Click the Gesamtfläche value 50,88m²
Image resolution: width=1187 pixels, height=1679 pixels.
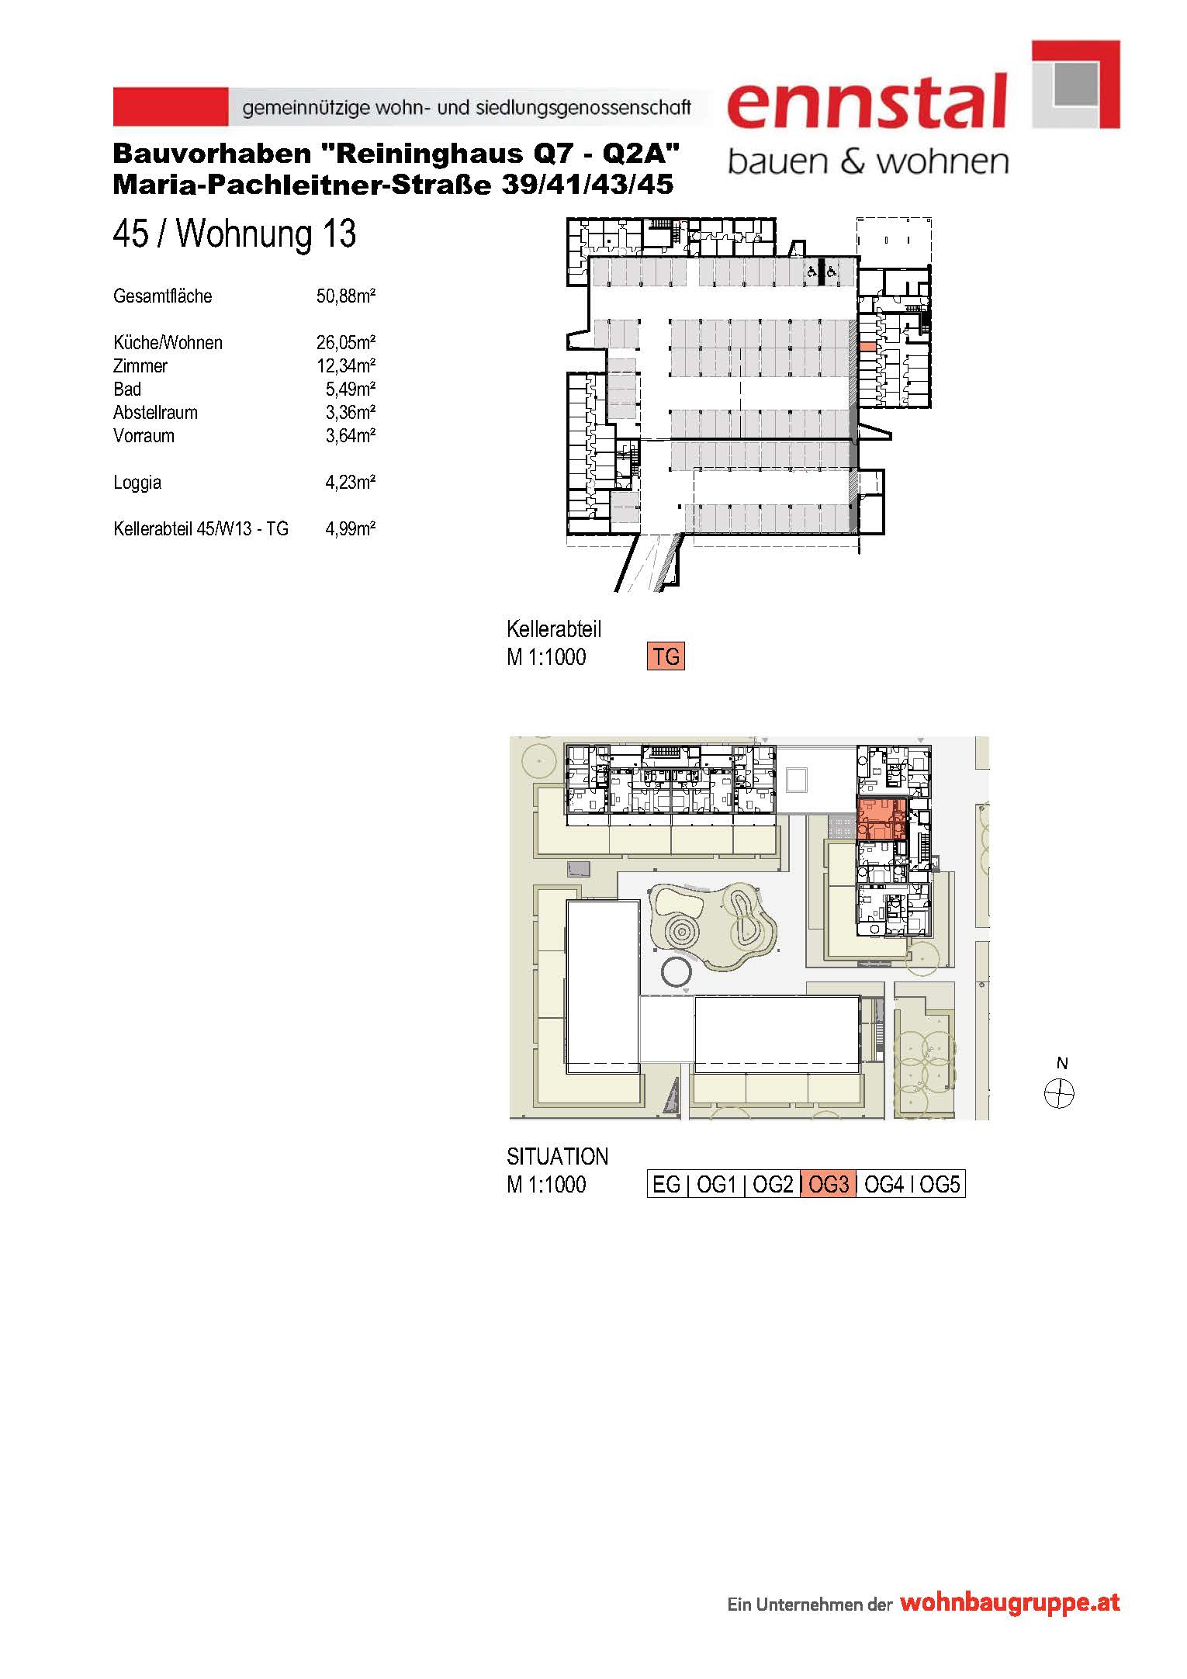(x=346, y=296)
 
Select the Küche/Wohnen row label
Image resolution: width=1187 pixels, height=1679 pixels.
(x=168, y=342)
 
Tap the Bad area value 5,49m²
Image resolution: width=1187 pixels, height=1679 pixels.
(x=351, y=389)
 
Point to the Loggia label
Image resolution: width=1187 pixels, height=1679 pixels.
(x=137, y=483)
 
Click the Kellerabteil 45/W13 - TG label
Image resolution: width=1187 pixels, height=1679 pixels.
(x=201, y=528)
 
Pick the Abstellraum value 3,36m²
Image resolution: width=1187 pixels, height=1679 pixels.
(x=351, y=412)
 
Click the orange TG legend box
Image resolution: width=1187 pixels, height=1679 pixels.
(x=666, y=656)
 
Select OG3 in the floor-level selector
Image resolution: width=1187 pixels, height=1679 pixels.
(x=829, y=1184)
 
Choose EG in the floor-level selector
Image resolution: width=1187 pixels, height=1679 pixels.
(x=666, y=1184)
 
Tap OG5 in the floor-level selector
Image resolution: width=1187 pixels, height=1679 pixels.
(x=940, y=1184)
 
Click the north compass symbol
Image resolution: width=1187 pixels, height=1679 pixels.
(x=1059, y=1094)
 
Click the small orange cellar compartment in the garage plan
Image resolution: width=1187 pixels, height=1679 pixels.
(x=865, y=347)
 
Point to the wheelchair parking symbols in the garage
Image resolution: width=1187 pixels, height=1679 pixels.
(x=821, y=272)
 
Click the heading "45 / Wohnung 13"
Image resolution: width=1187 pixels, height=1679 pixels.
(x=234, y=234)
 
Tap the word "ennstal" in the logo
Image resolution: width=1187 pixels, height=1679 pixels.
(x=867, y=101)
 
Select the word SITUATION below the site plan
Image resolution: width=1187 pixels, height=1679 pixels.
(x=557, y=1156)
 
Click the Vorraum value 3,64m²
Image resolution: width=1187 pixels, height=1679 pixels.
(x=351, y=435)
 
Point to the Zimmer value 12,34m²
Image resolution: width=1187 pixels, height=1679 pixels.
(x=346, y=365)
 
